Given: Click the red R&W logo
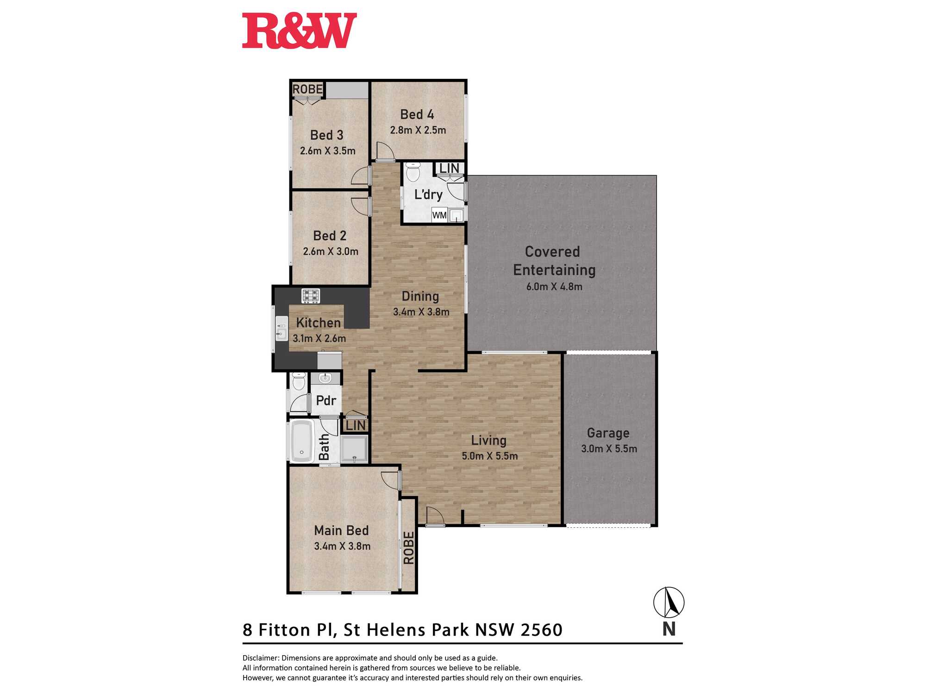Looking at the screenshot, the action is tap(299, 31).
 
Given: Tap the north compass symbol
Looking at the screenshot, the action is tap(669, 602).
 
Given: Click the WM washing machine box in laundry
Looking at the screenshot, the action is tap(439, 215).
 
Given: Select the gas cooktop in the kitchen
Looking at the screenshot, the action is tap(311, 296).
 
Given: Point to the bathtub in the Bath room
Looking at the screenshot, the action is tap(302, 442).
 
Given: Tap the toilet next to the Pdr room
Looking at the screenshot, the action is tap(299, 381).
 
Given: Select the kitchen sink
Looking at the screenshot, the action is tap(282, 329).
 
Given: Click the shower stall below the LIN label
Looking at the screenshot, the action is tap(354, 449).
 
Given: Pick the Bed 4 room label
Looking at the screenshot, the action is tap(417, 114).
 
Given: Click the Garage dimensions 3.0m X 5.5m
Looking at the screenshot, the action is tap(609, 449).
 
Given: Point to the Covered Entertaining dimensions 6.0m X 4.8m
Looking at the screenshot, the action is tap(554, 286).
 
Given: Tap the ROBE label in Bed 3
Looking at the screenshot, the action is tap(307, 89).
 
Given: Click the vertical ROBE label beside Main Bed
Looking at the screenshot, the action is tap(409, 548).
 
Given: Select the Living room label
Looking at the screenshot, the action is tap(489, 440).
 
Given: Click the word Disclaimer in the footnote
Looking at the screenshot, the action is tap(260, 658).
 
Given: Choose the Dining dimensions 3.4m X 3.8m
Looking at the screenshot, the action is tap(421, 312).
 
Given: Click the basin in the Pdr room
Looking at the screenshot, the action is tap(325, 378).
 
